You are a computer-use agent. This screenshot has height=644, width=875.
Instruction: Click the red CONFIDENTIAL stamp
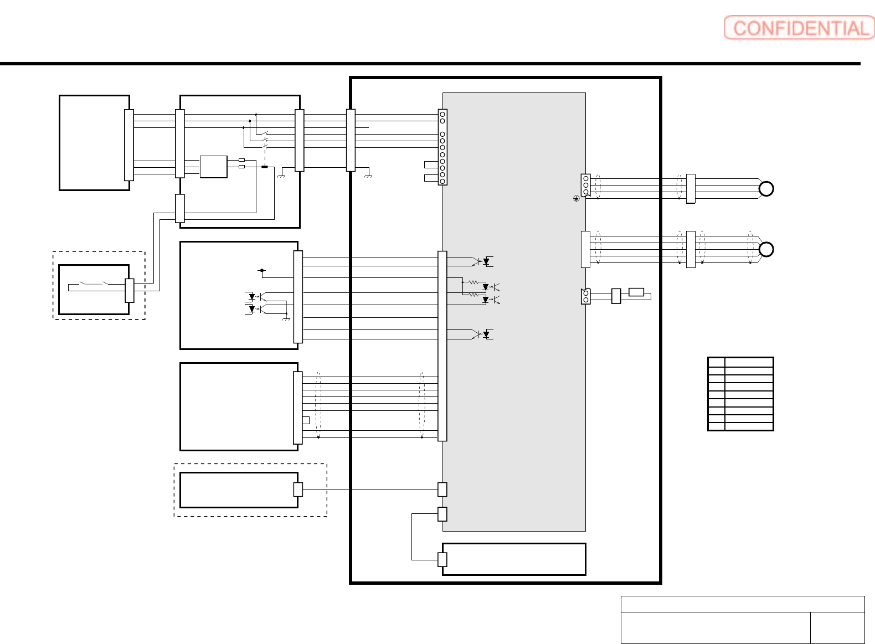tap(799, 28)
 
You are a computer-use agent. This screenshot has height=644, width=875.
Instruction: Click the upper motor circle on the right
tap(766, 189)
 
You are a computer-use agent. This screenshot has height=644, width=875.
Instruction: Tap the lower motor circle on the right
tap(766, 249)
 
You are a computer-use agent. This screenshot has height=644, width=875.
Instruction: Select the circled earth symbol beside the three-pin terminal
tap(576, 198)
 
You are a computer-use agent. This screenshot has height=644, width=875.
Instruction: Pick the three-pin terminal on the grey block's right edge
tap(585, 186)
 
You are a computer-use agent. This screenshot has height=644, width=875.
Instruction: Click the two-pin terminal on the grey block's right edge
tap(585, 296)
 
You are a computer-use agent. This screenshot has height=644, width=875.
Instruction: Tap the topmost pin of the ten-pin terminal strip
tap(442, 114)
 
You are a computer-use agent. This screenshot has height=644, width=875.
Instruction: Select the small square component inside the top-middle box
tap(213, 167)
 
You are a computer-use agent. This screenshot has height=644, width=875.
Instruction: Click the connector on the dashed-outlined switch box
tap(130, 290)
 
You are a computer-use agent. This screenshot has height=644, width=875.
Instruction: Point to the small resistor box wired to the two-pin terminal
tap(636, 292)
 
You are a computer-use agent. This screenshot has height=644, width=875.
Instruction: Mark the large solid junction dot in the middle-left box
tap(262, 270)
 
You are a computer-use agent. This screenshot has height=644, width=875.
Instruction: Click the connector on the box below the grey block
tap(442, 559)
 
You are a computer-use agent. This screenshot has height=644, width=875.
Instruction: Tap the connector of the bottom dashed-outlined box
tap(298, 490)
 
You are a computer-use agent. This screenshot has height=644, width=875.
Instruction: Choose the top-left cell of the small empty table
tap(716, 363)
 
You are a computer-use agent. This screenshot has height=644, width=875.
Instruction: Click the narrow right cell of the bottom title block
tap(837, 627)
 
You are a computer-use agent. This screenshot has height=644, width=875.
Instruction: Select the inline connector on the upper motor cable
tap(691, 189)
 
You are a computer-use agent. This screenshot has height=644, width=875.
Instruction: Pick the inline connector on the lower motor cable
tap(691, 249)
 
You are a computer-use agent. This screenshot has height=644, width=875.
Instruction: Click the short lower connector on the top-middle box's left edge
tap(179, 208)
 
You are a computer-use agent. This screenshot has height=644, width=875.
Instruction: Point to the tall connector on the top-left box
tap(129, 145)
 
